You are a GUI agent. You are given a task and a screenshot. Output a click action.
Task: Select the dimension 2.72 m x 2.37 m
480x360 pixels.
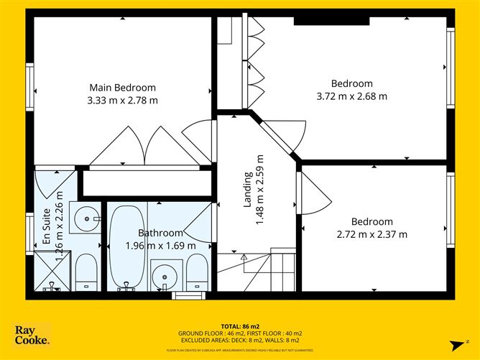coord(371,234)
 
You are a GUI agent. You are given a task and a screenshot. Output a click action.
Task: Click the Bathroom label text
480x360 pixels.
coord(160,233)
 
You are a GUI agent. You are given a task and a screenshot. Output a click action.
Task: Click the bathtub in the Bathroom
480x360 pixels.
coord(127,246)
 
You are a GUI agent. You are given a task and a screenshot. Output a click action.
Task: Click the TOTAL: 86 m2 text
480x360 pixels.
coord(239,326)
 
